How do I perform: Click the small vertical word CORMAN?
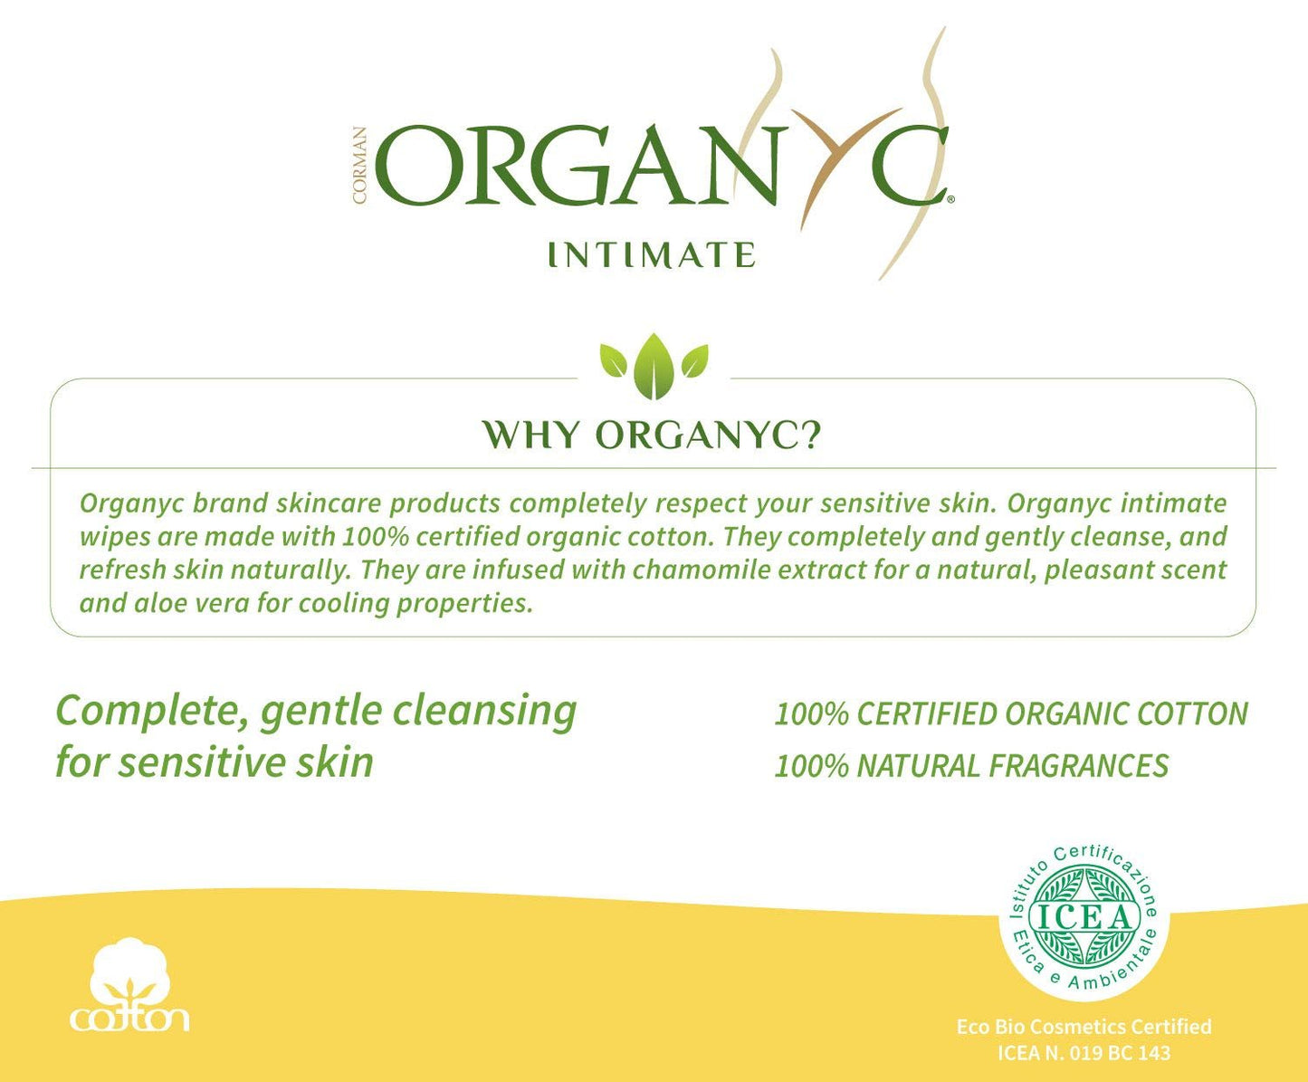pos(360,165)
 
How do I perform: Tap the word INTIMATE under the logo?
pos(651,254)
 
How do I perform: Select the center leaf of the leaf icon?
pos(654,366)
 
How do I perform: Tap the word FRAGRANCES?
pos(1078,766)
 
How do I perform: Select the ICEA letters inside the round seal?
pos(1084,917)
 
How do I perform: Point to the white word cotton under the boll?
pos(129,1018)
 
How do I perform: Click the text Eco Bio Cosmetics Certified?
pos(1084,1027)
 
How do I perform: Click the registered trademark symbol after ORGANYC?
pos(950,195)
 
